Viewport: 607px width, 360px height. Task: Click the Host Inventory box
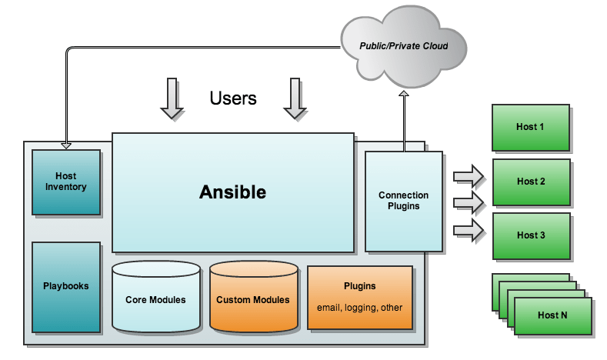66,182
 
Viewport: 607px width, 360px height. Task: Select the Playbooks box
66,287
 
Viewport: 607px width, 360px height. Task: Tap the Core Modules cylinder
156,296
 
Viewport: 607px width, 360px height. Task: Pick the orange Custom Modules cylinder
254,296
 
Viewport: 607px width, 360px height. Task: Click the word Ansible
232,192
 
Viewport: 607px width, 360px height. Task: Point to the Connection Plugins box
404,202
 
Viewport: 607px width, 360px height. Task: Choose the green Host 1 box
531,128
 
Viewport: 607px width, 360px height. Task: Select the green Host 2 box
532,182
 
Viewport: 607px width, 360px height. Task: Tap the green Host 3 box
532,235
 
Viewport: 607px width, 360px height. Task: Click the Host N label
552,315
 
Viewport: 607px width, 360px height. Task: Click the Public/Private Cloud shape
404,46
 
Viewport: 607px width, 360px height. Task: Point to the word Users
233,98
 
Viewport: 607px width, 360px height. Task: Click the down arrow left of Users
172,98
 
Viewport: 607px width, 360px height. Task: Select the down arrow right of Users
295,98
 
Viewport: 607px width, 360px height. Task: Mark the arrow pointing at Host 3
469,230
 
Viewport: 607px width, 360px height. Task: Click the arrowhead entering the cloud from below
404,93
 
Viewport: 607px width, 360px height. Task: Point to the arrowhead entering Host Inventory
66,146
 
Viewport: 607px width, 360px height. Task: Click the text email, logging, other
359,308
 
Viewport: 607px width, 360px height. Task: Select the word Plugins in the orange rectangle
359,286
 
